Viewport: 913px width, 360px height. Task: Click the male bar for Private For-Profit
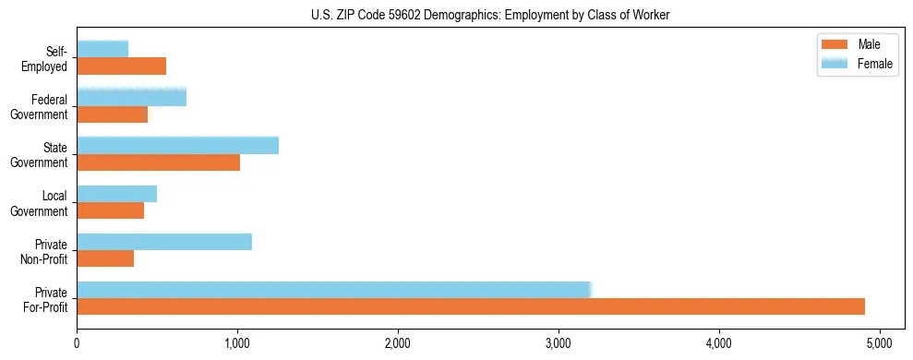pos(471,306)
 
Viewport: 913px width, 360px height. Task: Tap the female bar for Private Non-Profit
pos(164,242)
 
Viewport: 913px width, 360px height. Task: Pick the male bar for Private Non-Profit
pos(105,258)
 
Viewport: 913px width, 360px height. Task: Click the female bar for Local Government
pos(117,194)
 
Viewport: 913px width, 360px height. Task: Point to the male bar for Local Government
pos(111,210)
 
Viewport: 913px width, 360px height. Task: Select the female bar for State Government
pos(178,146)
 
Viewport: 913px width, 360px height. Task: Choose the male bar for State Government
pos(159,162)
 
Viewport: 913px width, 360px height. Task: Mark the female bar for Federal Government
pos(132,97)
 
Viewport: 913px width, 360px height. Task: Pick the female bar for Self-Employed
pos(102,49)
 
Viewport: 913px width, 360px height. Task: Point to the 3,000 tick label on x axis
pos(559,343)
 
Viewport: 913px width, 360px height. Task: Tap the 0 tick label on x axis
pos(78,343)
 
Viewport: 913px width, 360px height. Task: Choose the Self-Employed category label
pos(48,58)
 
